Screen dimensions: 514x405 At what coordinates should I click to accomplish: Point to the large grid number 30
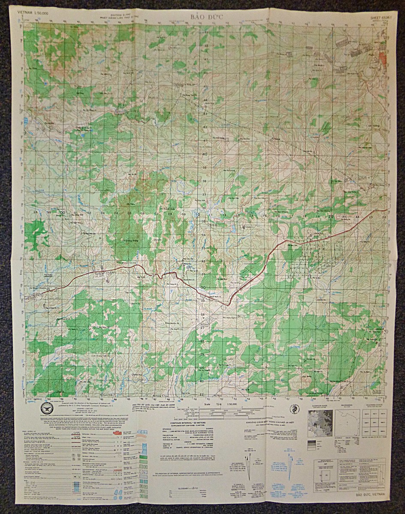(x=203, y=287)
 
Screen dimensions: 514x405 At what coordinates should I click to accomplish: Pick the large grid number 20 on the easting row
(x=331, y=217)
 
